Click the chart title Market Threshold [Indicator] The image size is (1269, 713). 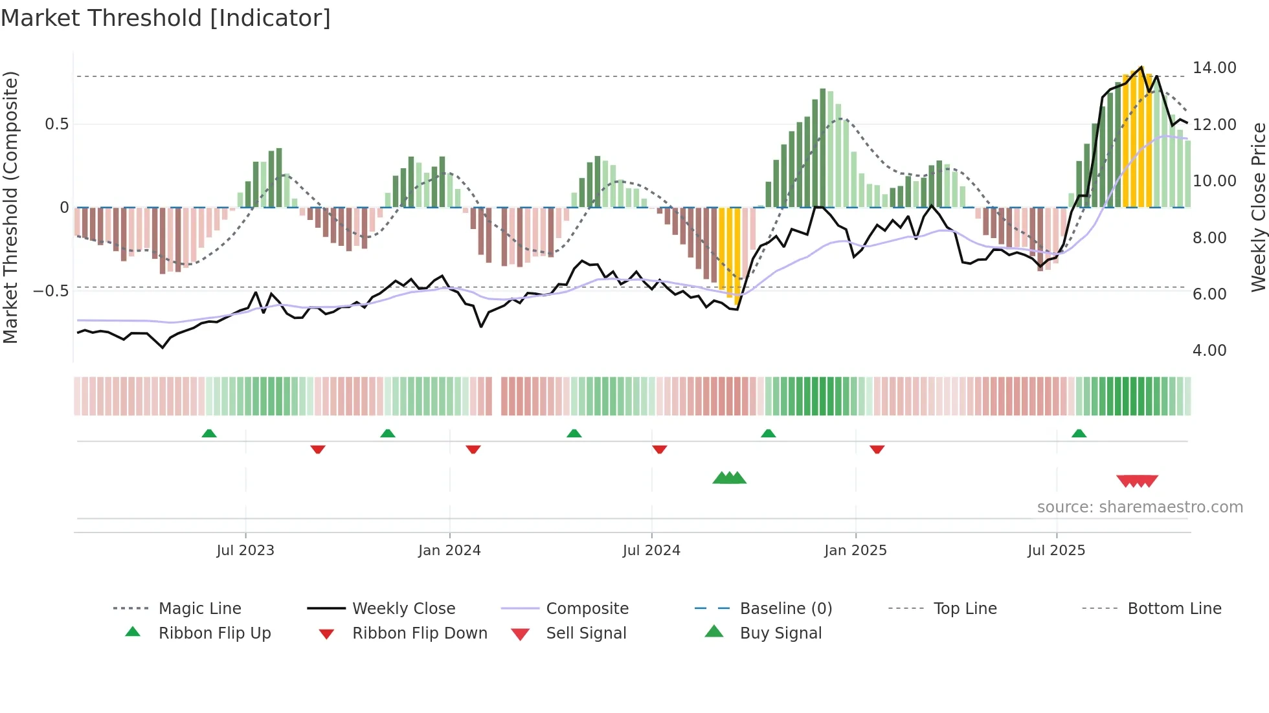click(x=166, y=18)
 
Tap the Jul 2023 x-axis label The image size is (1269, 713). click(x=245, y=551)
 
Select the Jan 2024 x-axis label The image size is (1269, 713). click(x=449, y=551)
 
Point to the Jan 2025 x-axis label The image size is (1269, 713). click(x=855, y=551)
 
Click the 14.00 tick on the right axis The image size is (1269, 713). click(x=1214, y=68)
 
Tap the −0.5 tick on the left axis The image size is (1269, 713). click(x=51, y=291)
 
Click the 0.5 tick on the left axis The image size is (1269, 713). click(x=57, y=124)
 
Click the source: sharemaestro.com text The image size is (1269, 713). click(x=1140, y=507)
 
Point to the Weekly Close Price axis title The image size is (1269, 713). click(x=1258, y=207)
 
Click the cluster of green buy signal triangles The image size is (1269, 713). click(x=730, y=478)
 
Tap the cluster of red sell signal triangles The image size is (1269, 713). click(x=1137, y=481)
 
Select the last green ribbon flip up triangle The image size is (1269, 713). click(x=1079, y=433)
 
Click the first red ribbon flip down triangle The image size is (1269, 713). click(x=317, y=449)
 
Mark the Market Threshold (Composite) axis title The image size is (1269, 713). click(x=11, y=207)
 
